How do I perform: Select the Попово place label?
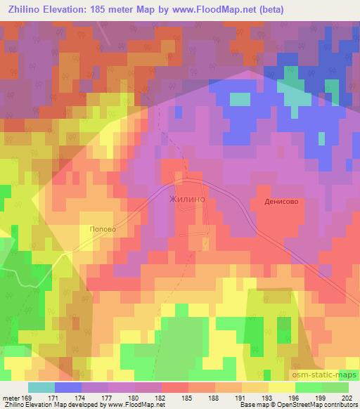point(102,228)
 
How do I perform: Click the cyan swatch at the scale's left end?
point(41,387)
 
